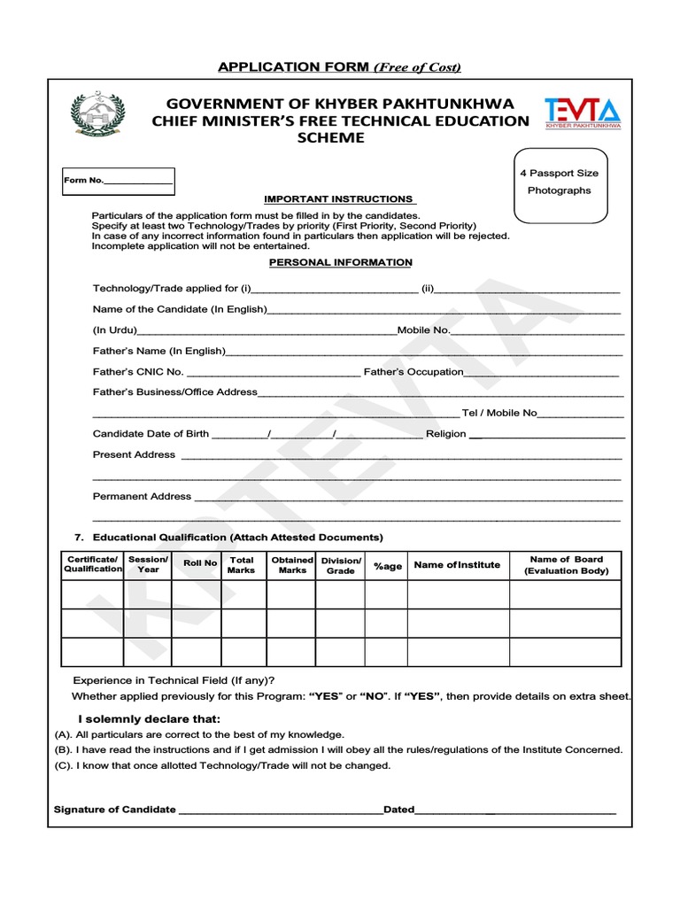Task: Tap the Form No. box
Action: pyautogui.click(x=118, y=181)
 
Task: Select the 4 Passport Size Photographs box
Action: pyautogui.click(x=560, y=182)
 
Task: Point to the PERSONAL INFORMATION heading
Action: pyautogui.click(x=341, y=263)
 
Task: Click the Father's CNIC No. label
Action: pyautogui.click(x=138, y=372)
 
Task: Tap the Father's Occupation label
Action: pyautogui.click(x=413, y=372)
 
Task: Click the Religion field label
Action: pyautogui.click(x=445, y=434)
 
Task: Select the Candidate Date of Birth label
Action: pyautogui.click(x=151, y=434)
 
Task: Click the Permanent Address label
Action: pyautogui.click(x=142, y=496)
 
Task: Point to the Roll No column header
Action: pyautogui.click(x=199, y=563)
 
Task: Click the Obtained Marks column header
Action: pyautogui.click(x=292, y=565)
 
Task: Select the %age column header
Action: pyautogui.click(x=387, y=566)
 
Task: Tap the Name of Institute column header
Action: pyautogui.click(x=457, y=565)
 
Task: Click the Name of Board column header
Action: pyautogui.click(x=566, y=565)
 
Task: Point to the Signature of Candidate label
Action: pyautogui.click(x=115, y=810)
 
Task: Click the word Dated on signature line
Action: pyautogui.click(x=398, y=810)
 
